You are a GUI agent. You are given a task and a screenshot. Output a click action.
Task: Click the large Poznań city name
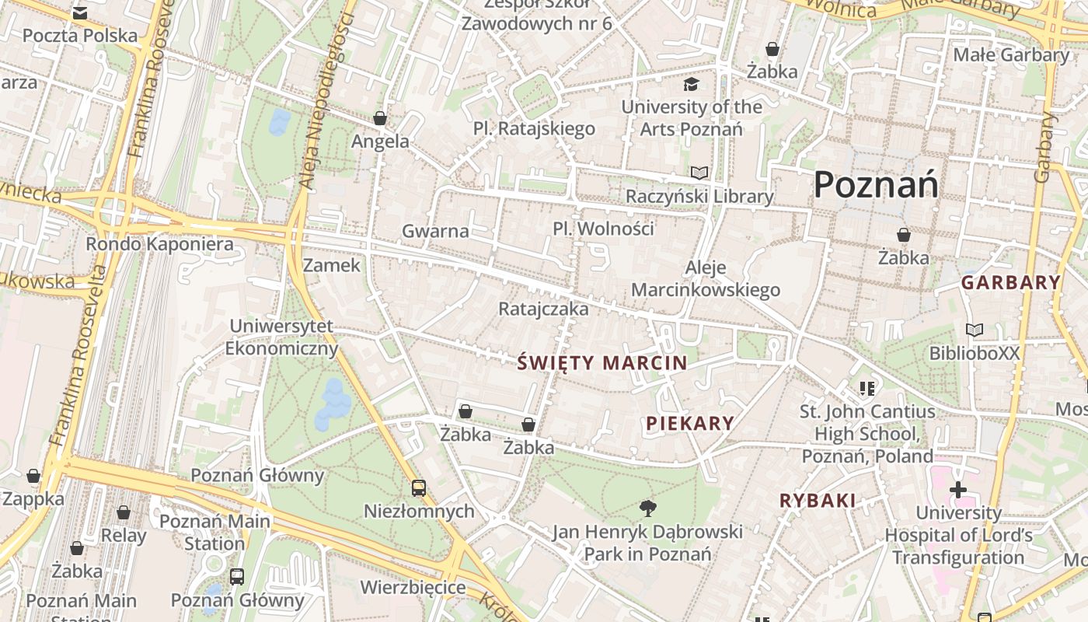click(876, 185)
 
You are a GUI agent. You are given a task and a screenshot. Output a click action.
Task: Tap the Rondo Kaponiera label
click(159, 244)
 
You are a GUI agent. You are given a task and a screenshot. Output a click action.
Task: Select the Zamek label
click(332, 265)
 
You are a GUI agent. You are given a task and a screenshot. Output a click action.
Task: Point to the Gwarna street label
click(435, 231)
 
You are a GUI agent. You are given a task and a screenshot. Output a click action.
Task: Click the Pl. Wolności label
click(603, 229)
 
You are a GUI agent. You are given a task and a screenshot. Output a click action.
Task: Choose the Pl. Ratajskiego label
click(535, 128)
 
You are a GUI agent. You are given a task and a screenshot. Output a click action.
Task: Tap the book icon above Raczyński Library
click(699, 173)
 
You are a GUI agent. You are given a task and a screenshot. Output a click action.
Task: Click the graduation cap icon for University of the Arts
click(691, 84)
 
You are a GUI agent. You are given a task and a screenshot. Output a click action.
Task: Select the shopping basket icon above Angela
click(380, 118)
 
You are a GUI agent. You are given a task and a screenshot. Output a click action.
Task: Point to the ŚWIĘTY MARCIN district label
click(602, 362)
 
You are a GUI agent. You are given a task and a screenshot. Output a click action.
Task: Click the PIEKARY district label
click(690, 423)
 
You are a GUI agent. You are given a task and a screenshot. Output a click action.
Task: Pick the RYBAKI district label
click(818, 501)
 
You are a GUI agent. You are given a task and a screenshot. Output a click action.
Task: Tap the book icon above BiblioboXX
click(974, 330)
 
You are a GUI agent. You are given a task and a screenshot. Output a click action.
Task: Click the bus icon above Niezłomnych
click(419, 488)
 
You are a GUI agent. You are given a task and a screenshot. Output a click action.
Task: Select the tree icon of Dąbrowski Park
click(647, 508)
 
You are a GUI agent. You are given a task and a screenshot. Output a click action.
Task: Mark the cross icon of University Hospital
click(958, 490)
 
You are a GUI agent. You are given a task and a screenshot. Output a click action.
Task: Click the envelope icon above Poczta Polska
click(79, 13)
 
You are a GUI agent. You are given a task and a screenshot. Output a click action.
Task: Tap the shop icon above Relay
click(124, 512)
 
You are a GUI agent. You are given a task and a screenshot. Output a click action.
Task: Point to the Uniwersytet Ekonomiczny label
click(281, 337)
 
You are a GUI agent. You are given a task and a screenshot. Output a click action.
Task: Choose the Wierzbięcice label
click(413, 587)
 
